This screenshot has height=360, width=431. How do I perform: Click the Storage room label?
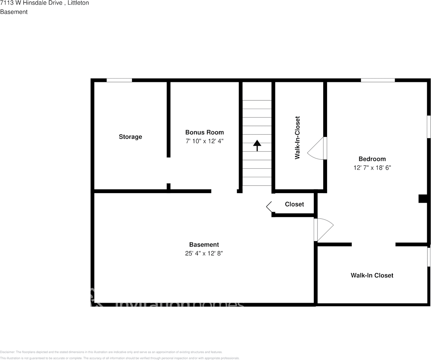[130, 137]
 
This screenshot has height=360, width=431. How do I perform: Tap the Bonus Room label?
[204, 132]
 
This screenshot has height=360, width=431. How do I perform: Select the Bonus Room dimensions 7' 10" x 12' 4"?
[204, 141]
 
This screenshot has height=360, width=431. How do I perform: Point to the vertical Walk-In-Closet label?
[297, 137]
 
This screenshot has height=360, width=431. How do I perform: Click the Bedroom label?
[372, 159]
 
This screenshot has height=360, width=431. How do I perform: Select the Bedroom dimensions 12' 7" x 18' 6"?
[372, 167]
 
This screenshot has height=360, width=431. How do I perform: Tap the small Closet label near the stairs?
[294, 204]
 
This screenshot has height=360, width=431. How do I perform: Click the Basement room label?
[204, 245]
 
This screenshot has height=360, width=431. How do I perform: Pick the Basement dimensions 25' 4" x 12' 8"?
[204, 253]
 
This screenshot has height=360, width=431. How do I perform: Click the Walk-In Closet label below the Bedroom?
[371, 275]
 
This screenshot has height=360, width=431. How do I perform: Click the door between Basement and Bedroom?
[323, 229]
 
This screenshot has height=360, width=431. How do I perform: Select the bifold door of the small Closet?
[269, 207]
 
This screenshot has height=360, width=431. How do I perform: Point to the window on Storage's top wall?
[119, 80]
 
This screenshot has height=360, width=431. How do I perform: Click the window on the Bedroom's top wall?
[378, 80]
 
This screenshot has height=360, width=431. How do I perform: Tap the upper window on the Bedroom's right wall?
[429, 127]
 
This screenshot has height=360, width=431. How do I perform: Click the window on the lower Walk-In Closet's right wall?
[429, 257]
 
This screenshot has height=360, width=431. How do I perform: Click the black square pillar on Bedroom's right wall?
[423, 198]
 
